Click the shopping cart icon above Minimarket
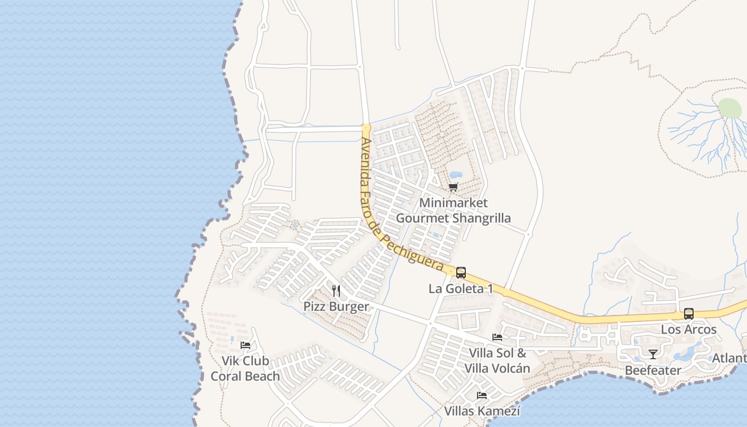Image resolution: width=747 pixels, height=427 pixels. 453,187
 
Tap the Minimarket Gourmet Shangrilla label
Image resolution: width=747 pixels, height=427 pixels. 453,210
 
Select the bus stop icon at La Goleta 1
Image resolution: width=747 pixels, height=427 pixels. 460,273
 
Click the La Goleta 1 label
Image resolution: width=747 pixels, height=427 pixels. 461,289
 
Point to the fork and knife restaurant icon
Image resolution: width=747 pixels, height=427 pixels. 336,291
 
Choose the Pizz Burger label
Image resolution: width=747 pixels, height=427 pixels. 336,306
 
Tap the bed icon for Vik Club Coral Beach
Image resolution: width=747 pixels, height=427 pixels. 245,345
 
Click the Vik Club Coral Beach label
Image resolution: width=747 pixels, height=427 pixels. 245,368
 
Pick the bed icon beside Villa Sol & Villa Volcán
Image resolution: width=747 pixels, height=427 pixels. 497,337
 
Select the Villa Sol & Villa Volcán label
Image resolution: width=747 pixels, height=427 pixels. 497,361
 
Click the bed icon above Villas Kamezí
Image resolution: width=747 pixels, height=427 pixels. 482,396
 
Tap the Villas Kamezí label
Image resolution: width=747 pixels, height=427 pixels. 482,411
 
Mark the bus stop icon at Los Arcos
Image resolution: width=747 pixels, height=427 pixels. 689,314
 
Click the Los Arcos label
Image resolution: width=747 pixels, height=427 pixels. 689,329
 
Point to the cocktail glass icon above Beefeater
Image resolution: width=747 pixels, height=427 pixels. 653,354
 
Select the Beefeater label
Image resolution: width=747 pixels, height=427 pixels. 653,370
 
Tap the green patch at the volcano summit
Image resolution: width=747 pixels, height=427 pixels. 730,108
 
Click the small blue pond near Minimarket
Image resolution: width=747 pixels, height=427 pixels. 456,175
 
